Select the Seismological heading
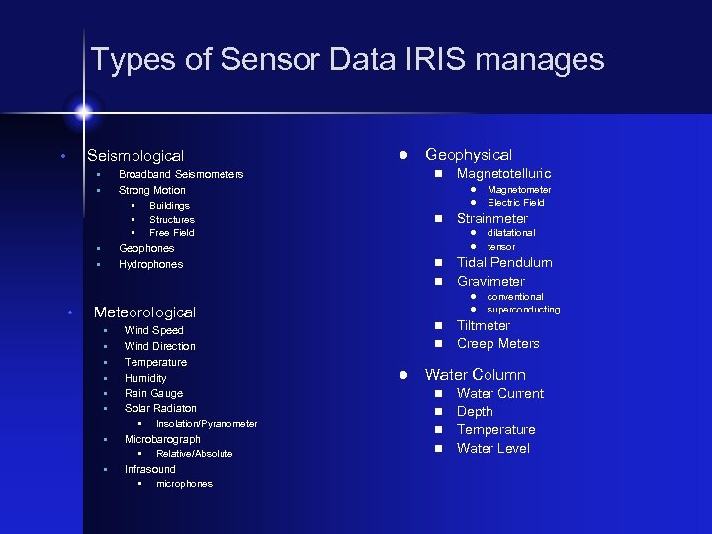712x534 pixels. (x=135, y=156)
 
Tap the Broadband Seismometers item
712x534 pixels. (x=181, y=175)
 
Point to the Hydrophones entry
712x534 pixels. (x=150, y=265)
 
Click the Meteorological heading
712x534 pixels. (x=144, y=312)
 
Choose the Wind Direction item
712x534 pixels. (x=160, y=346)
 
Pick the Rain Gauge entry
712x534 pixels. (x=153, y=393)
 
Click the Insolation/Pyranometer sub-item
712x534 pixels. (x=207, y=424)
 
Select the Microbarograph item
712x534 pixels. (x=162, y=439)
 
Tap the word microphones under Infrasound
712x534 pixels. (x=184, y=484)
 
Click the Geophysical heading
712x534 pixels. (x=469, y=155)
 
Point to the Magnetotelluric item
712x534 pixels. (x=503, y=174)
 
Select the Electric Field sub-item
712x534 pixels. (x=516, y=203)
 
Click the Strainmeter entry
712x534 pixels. (x=492, y=219)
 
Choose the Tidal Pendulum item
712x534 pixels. (x=504, y=263)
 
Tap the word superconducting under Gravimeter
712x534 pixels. (x=523, y=310)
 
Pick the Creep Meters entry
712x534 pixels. (x=498, y=344)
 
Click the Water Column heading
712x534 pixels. (x=476, y=375)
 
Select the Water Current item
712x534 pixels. (x=500, y=394)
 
